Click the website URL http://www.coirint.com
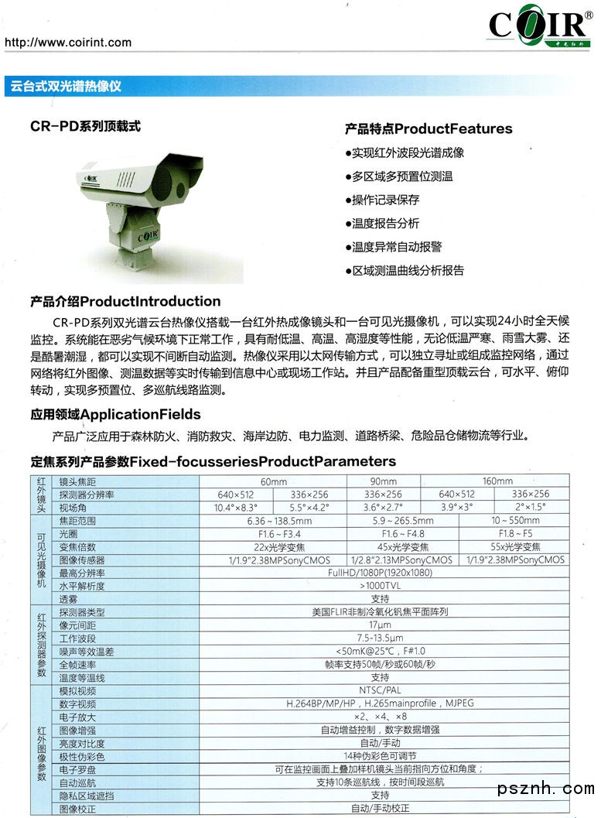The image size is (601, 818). point(68,43)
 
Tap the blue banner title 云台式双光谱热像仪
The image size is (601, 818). point(66,87)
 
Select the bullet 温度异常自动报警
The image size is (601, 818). point(397,247)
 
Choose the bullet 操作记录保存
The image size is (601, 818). point(385,200)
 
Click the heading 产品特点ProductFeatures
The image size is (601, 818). point(429,128)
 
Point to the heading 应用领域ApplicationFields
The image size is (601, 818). point(116,414)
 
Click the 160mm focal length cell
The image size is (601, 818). point(497,481)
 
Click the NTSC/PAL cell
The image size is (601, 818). point(380,690)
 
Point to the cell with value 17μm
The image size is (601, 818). point(380,624)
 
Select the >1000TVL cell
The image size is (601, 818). point(380,586)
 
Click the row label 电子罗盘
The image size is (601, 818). point(78,769)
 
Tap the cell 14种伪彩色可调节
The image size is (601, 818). point(380,756)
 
